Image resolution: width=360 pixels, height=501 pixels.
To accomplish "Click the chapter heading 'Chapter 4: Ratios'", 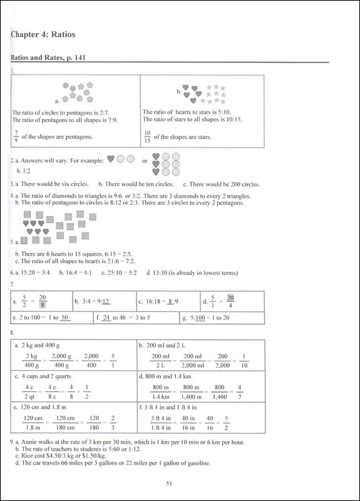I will [43, 35].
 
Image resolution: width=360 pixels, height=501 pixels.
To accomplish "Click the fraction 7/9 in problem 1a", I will [15, 135].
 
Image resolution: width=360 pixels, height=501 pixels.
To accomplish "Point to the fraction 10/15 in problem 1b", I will [147, 136].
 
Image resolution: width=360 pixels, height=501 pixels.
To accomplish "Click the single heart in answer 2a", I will [111, 160].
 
